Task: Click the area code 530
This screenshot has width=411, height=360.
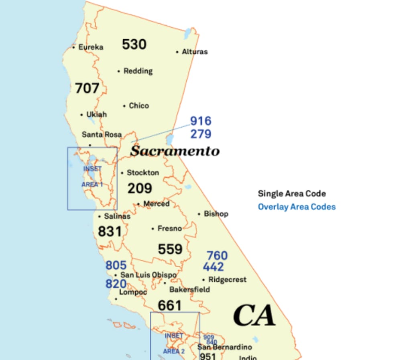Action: coord(134,44)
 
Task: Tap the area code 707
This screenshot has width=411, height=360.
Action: coord(87,88)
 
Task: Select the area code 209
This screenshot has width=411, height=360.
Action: coord(140,188)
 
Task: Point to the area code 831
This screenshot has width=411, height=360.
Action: coord(110,231)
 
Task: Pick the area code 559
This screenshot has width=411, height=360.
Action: coord(170,249)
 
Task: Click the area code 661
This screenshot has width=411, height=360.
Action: coord(169,306)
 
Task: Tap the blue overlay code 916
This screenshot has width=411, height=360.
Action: coord(201,121)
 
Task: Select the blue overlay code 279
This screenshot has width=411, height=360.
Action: coord(201,134)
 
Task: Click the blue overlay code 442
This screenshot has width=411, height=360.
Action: coord(214,267)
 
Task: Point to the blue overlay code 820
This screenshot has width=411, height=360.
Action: coord(116,284)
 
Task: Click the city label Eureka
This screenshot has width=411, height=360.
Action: coord(91,47)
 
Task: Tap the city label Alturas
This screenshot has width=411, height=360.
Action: coord(195,52)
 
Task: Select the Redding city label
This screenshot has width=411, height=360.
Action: coord(138,71)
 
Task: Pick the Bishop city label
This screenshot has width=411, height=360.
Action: coord(216,214)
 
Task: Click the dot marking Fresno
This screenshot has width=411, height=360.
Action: coord(153,229)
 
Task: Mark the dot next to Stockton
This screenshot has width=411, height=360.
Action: coord(122,173)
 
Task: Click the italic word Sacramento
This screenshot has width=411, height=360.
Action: coord(175,151)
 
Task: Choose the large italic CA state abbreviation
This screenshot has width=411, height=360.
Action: coord(254,315)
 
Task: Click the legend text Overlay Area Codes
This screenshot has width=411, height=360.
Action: coord(297,207)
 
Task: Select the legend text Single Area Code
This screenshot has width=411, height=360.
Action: coord(292,194)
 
